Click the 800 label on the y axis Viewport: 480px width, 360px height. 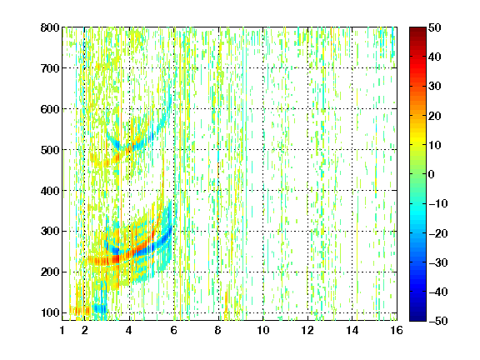pos(50,27)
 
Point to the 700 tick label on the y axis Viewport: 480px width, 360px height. pos(50,68)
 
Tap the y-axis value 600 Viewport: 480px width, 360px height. pos(50,109)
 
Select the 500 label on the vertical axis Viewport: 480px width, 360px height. pos(50,150)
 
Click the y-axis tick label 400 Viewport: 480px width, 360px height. pos(50,191)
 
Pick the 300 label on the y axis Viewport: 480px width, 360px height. pos(50,232)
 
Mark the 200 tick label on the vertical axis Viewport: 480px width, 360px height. pos(50,272)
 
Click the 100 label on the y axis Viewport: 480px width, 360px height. pos(50,312)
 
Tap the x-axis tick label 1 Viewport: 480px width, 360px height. pos(62,330)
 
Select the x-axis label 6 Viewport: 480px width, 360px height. pos(174,330)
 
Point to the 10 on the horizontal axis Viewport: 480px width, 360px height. pos(263,330)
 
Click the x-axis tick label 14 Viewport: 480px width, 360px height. pos(352,330)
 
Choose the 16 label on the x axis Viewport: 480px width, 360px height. pos(397,330)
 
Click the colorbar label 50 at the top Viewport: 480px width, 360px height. pos(435,27)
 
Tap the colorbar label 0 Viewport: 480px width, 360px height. pos(432,174)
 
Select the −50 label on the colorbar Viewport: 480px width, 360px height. pos(438,321)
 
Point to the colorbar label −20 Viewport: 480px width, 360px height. pos(438,233)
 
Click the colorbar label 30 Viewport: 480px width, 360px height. pos(435,87)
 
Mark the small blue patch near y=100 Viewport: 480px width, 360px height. pos(100,308)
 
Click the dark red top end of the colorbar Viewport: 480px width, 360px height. pos(417,31)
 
